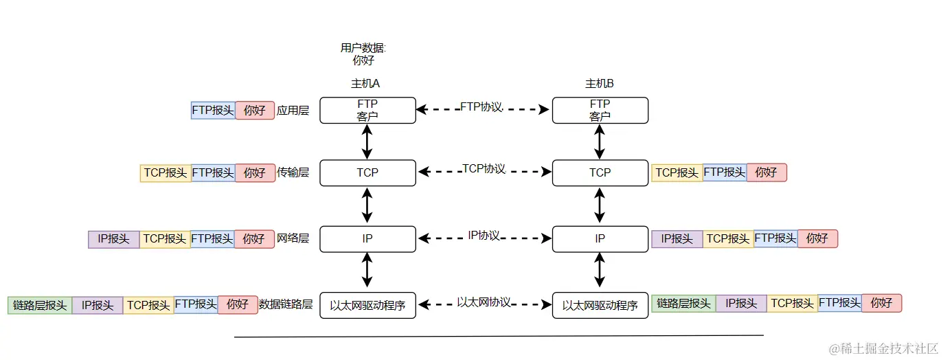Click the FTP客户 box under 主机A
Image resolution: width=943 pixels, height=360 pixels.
point(367,110)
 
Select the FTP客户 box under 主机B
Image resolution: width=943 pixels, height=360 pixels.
point(600,110)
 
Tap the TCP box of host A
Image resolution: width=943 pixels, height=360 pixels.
point(367,172)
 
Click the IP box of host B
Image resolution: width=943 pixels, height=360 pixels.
point(600,238)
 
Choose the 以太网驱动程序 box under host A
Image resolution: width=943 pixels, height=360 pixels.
point(367,305)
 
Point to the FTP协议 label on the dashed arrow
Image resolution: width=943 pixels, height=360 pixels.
point(481,107)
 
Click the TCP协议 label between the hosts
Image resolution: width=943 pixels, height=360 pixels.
point(484,169)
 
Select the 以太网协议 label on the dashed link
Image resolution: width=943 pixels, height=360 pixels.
point(484,302)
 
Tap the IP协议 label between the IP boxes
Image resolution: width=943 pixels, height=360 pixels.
point(484,236)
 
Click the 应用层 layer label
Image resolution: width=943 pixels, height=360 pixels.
point(293,110)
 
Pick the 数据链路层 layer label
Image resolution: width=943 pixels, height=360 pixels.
point(286,304)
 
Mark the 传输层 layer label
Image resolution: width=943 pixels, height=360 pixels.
point(293,172)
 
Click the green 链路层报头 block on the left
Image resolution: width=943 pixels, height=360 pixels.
point(40,305)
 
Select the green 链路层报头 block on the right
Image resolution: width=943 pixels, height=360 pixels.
point(683,303)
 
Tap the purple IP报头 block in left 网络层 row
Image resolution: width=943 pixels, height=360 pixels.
point(113,239)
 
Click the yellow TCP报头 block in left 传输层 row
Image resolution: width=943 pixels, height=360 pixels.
point(166,172)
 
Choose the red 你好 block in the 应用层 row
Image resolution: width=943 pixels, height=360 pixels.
point(255,110)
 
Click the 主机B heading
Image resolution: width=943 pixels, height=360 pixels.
point(600,84)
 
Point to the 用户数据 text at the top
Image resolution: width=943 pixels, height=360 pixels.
point(363,48)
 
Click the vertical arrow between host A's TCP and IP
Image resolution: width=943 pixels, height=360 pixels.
point(367,205)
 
